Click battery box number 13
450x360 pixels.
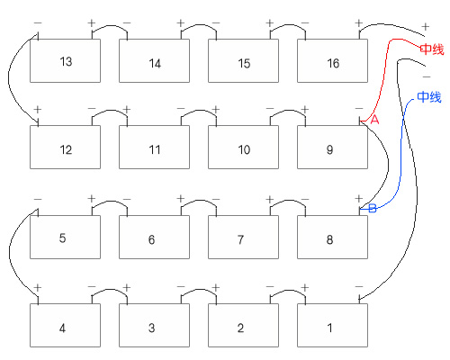pyautogui.click(x=65, y=60)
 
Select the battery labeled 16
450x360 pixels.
pyautogui.click(x=332, y=60)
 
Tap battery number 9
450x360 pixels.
pyautogui.click(x=332, y=147)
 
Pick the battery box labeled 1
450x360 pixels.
pyautogui.click(x=332, y=325)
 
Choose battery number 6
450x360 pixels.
pyautogui.click(x=154, y=237)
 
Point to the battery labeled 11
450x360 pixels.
pyautogui.click(x=154, y=147)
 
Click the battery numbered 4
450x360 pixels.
pyautogui.click(x=65, y=325)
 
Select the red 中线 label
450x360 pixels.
pyautogui.click(x=432, y=49)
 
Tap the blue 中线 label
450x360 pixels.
pyautogui.click(x=429, y=97)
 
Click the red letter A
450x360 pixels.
pyautogui.click(x=374, y=120)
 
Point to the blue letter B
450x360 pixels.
pyautogui.click(x=373, y=208)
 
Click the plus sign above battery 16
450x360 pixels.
pyautogui.click(x=359, y=22)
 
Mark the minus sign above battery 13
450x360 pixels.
pyautogui.click(x=38, y=22)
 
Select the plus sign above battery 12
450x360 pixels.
pyautogui.click(x=38, y=109)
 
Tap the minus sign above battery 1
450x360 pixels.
pyautogui.click(x=359, y=287)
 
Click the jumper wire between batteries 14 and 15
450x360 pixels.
pyautogui.click(x=199, y=25)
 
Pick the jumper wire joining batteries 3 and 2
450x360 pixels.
pyautogui.click(x=199, y=290)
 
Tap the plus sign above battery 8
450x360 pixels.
pyautogui.click(x=359, y=199)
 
